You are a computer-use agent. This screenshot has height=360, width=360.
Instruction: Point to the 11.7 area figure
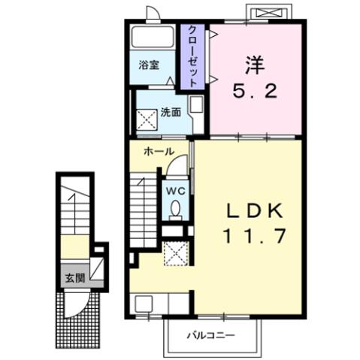253,237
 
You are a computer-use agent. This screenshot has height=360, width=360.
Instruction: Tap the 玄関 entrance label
74,277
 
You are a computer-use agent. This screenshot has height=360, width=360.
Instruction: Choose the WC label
175,190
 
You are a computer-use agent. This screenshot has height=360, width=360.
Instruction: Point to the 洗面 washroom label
170,113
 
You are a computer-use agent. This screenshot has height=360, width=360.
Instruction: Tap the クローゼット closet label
193,56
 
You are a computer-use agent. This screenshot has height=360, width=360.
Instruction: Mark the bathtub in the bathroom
153,38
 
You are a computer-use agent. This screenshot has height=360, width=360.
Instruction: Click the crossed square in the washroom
144,117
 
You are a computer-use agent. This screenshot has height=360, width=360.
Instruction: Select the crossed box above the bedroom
268,14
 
